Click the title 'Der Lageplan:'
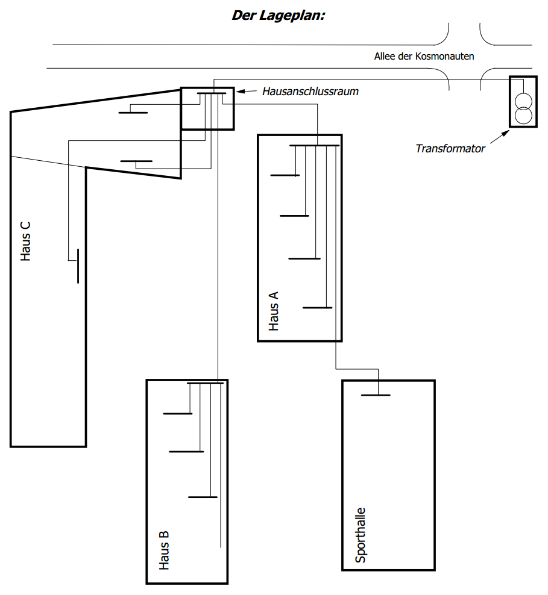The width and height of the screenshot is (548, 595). click(279, 16)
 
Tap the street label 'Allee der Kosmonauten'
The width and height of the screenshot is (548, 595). click(424, 57)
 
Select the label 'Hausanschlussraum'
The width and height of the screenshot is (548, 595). click(310, 92)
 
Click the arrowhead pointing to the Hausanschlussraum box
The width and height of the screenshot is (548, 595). click(239, 91)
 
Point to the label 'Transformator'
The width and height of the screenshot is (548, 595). click(450, 148)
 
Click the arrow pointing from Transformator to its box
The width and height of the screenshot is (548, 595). click(500, 137)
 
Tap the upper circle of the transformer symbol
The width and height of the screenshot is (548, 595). click(523, 102)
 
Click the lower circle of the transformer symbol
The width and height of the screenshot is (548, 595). click(523, 116)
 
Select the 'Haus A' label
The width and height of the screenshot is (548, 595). click(274, 311)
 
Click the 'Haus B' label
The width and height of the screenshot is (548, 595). click(164, 550)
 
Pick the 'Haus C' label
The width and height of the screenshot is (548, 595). click(25, 241)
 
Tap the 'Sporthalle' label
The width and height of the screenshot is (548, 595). click(360, 535)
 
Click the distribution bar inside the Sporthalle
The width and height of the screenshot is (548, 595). click(376, 396)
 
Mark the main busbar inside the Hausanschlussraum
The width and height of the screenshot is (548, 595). click(212, 93)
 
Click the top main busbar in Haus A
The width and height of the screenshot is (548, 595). click(315, 146)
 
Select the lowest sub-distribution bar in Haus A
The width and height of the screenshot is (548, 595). click(318, 308)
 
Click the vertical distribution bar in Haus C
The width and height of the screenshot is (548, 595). click(78, 266)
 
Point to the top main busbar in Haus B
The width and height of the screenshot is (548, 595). click(206, 383)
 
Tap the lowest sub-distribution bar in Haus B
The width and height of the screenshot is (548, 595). click(203, 497)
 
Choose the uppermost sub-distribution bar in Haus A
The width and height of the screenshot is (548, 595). click(285, 175)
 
